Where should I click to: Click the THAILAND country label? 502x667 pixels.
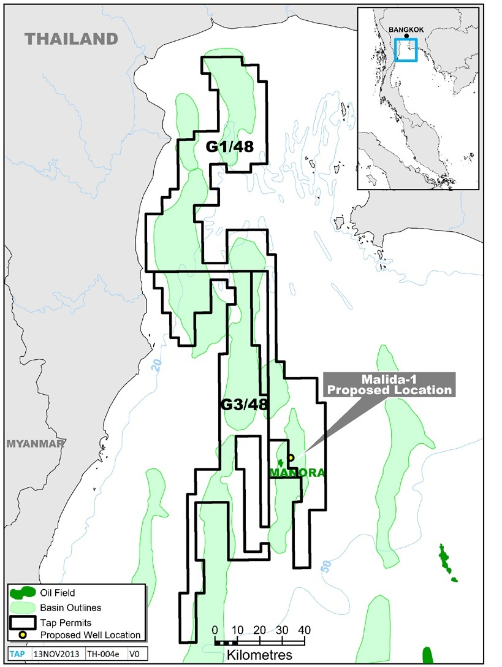pyautogui.click(x=71, y=39)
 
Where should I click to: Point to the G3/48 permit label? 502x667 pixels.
pyautogui.click(x=244, y=405)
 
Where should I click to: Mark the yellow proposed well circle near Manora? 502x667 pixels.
pyautogui.click(x=291, y=457)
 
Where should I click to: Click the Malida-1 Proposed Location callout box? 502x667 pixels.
pyautogui.click(x=390, y=384)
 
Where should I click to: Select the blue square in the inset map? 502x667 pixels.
pyautogui.click(x=406, y=50)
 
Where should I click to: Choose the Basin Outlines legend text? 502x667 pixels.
pyautogui.click(x=70, y=608)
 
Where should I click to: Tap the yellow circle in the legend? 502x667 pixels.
pyautogui.click(x=23, y=635)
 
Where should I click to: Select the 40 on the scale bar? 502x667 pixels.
pyautogui.click(x=305, y=630)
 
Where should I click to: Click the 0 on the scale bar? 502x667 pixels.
pyautogui.click(x=215, y=630)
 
